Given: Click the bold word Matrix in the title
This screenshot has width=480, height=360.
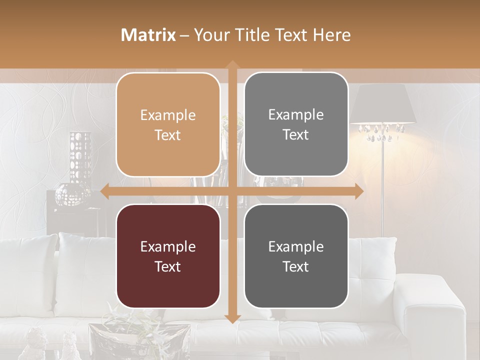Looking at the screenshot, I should [x=148, y=35].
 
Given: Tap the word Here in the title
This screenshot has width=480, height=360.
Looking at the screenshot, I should [x=331, y=35].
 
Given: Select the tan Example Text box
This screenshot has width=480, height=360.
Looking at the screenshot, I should [x=168, y=124].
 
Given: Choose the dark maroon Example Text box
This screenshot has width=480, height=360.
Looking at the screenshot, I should [x=168, y=256].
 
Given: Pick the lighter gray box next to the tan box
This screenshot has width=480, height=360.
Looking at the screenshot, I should [x=296, y=124].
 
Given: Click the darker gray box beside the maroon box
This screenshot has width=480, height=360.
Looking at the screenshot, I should [x=296, y=256].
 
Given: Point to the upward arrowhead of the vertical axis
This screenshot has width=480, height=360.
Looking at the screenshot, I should [x=232, y=64].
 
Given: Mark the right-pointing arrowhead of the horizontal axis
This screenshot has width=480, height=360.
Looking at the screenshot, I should [x=359, y=191].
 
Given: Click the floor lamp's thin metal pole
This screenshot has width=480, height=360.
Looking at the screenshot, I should [x=383, y=190].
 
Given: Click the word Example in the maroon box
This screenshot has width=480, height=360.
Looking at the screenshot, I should [x=168, y=246].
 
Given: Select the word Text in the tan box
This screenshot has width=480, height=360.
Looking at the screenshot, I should [x=168, y=135].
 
